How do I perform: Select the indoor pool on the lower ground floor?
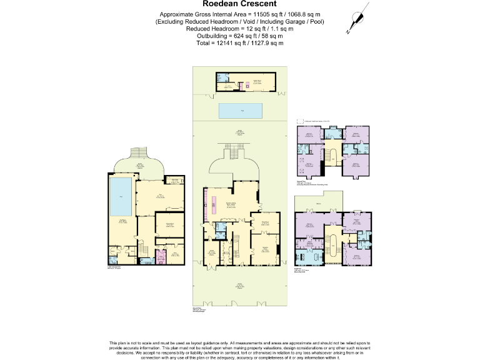121,196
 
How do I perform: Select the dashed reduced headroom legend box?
299,121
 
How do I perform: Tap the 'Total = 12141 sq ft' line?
240,43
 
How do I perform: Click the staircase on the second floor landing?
332,155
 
